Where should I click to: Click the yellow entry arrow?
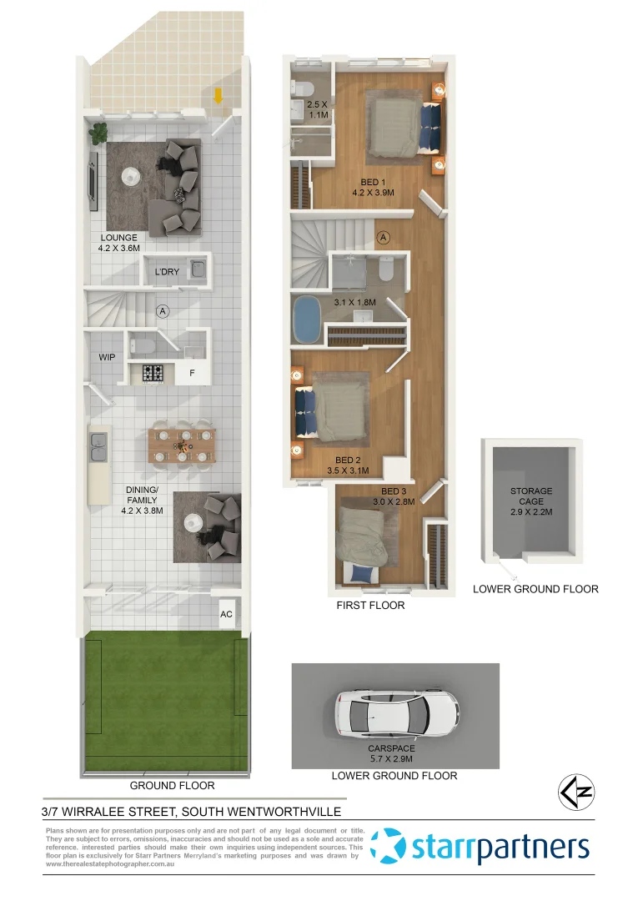click(218, 95)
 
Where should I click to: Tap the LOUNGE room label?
click(118, 238)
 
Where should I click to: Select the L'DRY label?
click(167, 271)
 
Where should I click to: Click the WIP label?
click(107, 357)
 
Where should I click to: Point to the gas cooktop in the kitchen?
click(153, 374)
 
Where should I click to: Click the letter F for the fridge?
click(192, 374)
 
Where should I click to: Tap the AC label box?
click(225, 614)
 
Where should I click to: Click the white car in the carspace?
click(395, 716)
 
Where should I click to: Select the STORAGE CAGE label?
click(531, 496)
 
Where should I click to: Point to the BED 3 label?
click(394, 491)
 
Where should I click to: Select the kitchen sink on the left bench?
click(98, 449)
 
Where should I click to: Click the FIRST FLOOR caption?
click(370, 605)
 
